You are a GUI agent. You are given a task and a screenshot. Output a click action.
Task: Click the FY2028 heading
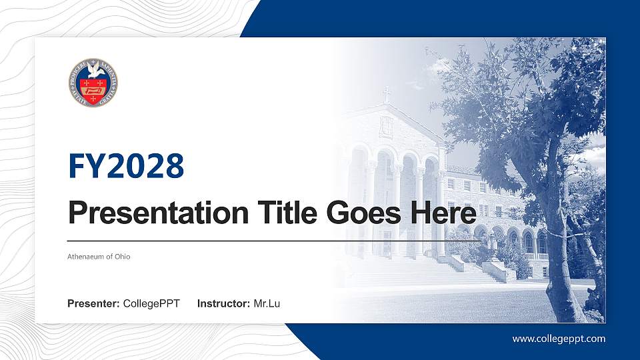click(126, 166)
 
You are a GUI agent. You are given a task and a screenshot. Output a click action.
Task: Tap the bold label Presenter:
click(93, 304)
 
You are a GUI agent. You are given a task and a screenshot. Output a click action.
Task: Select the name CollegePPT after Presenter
click(151, 304)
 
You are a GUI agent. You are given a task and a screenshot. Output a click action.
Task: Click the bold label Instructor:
click(224, 304)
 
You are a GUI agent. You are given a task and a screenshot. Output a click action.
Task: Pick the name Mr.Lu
click(267, 304)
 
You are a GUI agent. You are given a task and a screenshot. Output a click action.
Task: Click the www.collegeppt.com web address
click(559, 339)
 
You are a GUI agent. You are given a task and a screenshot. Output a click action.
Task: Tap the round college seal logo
click(93, 83)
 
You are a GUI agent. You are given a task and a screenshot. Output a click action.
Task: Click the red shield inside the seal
click(93, 87)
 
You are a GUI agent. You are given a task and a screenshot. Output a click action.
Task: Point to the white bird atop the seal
click(93, 69)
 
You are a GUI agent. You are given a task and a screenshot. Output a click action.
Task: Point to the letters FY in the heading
click(83, 166)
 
